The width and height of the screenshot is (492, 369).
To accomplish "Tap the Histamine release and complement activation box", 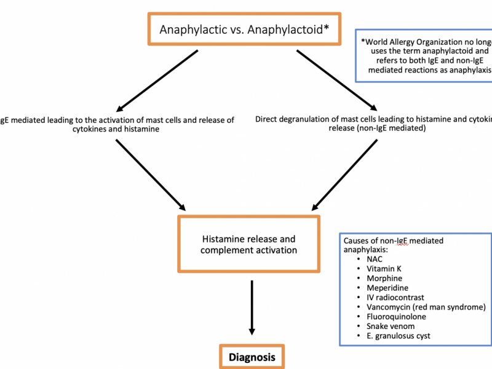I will pyautogui.click(x=249, y=244).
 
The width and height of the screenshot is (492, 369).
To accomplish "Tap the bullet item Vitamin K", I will pyautogui.click(x=384, y=269).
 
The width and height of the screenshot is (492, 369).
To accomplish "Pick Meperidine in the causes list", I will pyautogui.click(x=387, y=288).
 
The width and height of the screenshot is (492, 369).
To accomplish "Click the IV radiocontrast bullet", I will pyautogui.click(x=395, y=298).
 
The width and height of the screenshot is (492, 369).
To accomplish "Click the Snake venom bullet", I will pyautogui.click(x=390, y=326).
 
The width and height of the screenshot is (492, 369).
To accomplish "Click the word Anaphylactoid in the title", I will pyautogui.click(x=290, y=29).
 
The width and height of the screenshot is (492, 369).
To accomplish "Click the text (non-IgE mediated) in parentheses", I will pyautogui.click(x=363, y=130).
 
